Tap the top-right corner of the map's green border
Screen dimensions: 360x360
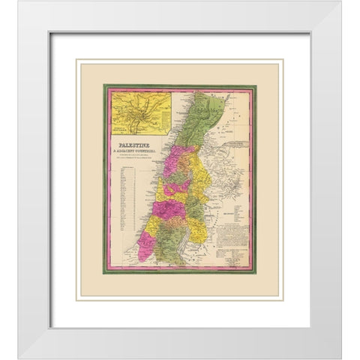click(256, 85)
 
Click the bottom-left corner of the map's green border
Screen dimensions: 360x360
click(104, 272)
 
